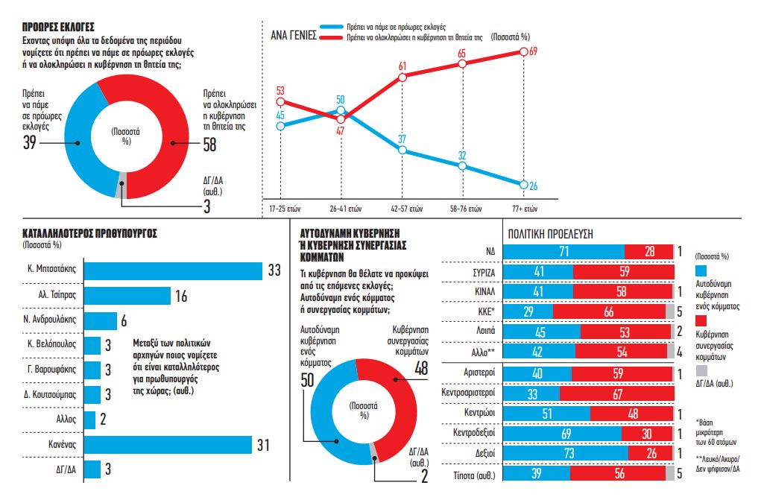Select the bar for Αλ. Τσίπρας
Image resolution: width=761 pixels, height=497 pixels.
127,296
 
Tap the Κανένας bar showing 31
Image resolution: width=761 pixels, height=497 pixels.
168,444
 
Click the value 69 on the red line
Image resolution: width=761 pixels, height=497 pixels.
533,51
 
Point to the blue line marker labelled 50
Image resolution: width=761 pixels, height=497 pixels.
341,111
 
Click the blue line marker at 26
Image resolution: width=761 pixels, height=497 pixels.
524,185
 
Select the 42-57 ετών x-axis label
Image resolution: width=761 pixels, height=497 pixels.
403,208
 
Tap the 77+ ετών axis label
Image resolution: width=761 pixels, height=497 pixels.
525,208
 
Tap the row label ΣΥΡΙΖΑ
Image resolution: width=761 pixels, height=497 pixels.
484,273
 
